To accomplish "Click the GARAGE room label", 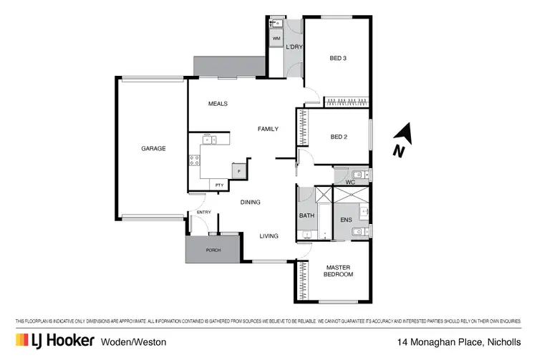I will [153, 149].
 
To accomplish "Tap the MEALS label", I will [218, 104].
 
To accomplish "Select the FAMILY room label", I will [268, 129].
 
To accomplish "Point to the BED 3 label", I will [338, 58].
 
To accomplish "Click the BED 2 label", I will [339, 137].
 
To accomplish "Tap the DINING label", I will [250, 202].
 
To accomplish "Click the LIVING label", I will [268, 235].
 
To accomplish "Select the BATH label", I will [306, 215].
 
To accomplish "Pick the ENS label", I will [346, 220].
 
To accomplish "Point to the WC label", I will [350, 182].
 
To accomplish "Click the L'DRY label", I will [293, 47].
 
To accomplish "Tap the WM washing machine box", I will [276, 38].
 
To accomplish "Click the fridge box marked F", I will [238, 171].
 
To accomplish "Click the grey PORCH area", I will [213, 250].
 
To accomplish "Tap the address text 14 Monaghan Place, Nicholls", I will [460, 342].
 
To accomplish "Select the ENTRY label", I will [204, 212].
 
